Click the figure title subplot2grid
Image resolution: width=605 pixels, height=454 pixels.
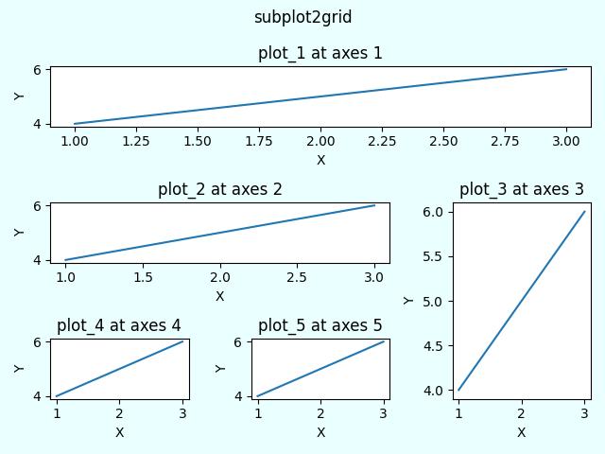(x=302, y=17)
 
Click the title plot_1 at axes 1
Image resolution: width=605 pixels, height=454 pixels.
(x=320, y=53)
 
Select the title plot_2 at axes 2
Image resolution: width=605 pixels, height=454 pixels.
(x=219, y=189)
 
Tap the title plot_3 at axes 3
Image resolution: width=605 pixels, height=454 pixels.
(x=521, y=189)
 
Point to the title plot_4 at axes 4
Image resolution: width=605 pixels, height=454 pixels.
(x=119, y=325)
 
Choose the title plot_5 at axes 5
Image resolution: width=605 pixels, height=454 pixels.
(x=320, y=325)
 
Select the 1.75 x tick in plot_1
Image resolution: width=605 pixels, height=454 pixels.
(x=259, y=141)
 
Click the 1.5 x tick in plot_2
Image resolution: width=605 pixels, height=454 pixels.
(x=143, y=277)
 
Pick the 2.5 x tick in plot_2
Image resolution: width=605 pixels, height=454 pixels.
(x=298, y=277)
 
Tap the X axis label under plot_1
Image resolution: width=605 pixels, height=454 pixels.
(x=320, y=160)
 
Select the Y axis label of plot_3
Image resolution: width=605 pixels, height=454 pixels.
(x=408, y=301)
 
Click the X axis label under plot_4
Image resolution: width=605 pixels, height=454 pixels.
(x=119, y=432)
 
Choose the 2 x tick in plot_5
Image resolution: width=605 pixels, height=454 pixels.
(x=320, y=413)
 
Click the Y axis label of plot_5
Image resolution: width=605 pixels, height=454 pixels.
(x=220, y=368)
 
